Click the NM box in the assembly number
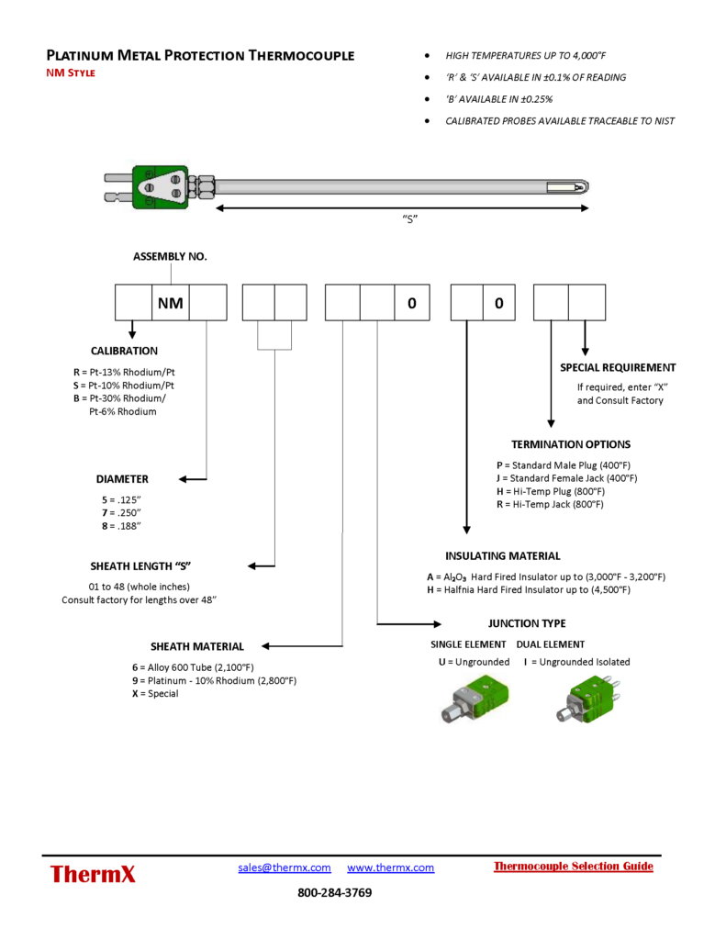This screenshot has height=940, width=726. [170, 303]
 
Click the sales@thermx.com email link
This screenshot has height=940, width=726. [285, 867]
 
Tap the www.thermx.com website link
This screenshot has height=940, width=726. [391, 867]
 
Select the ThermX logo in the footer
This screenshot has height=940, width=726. [93, 874]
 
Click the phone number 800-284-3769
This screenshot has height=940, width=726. [335, 892]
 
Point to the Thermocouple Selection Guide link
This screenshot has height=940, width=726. [574, 867]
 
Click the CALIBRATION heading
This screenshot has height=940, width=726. [124, 351]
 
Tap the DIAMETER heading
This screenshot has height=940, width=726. [122, 479]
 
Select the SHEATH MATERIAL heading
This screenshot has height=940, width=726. [197, 646]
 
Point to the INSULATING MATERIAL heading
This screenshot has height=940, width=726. [503, 556]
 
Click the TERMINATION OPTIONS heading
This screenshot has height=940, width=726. [571, 444]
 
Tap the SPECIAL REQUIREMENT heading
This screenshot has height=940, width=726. [618, 367]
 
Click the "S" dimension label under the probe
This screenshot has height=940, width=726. [411, 218]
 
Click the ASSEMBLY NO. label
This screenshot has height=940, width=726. [171, 256]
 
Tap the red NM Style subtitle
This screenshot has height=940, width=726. [71, 73]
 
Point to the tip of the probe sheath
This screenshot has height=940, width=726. [585, 188]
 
